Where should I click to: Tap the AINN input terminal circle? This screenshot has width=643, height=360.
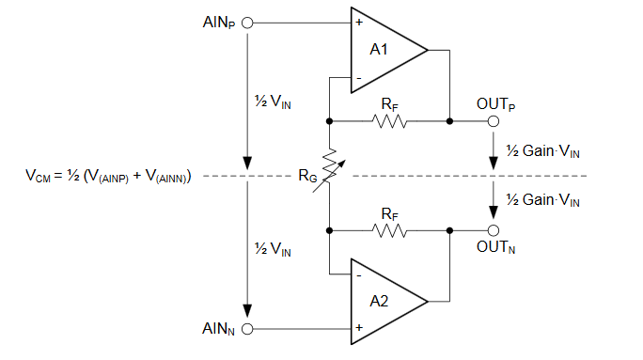click(248, 329)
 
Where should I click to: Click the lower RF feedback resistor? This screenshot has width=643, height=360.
click(389, 228)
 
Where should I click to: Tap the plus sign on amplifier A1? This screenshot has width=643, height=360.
click(359, 22)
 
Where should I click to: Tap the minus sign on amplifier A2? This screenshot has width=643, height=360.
click(359, 275)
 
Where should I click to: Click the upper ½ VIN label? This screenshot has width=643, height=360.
click(273, 101)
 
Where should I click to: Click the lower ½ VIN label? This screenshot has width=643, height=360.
click(273, 249)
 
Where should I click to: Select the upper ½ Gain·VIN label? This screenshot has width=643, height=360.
click(542, 150)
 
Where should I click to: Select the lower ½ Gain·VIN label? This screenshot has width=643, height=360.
click(542, 199)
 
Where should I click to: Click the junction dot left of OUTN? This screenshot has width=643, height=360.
click(450, 228)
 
